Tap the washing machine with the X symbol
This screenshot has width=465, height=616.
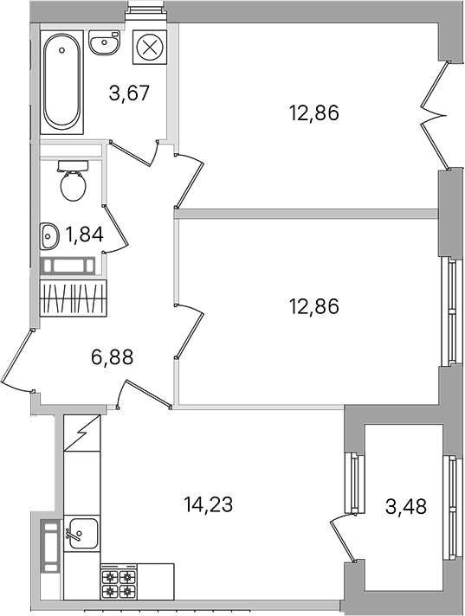pyautogui.click(x=149, y=48)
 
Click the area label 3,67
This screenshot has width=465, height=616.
pyautogui.click(x=130, y=93)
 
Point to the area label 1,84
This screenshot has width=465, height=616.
pyautogui.click(x=85, y=235)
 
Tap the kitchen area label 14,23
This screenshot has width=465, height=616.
pyautogui.click(x=209, y=504)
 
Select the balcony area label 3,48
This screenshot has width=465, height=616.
pyautogui.click(x=406, y=507)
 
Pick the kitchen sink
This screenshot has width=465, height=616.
pyautogui.click(x=81, y=533)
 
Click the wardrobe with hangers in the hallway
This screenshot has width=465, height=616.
pyautogui.click(x=74, y=298)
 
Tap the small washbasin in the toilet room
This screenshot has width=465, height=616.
pyautogui.click(x=48, y=236)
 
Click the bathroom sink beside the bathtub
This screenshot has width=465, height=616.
pyautogui.click(x=105, y=42)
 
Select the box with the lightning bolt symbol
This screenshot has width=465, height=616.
pyautogui.click(x=81, y=433)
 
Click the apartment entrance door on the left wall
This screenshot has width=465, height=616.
pyautogui.click(x=17, y=361)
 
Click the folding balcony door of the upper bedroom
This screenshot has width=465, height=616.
pyautogui.click(x=436, y=116)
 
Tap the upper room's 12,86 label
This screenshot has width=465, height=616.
pyautogui.click(x=313, y=113)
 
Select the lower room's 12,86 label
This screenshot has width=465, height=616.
pyautogui.click(x=313, y=306)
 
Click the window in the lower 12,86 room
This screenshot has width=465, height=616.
pyautogui.click(x=451, y=312)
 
